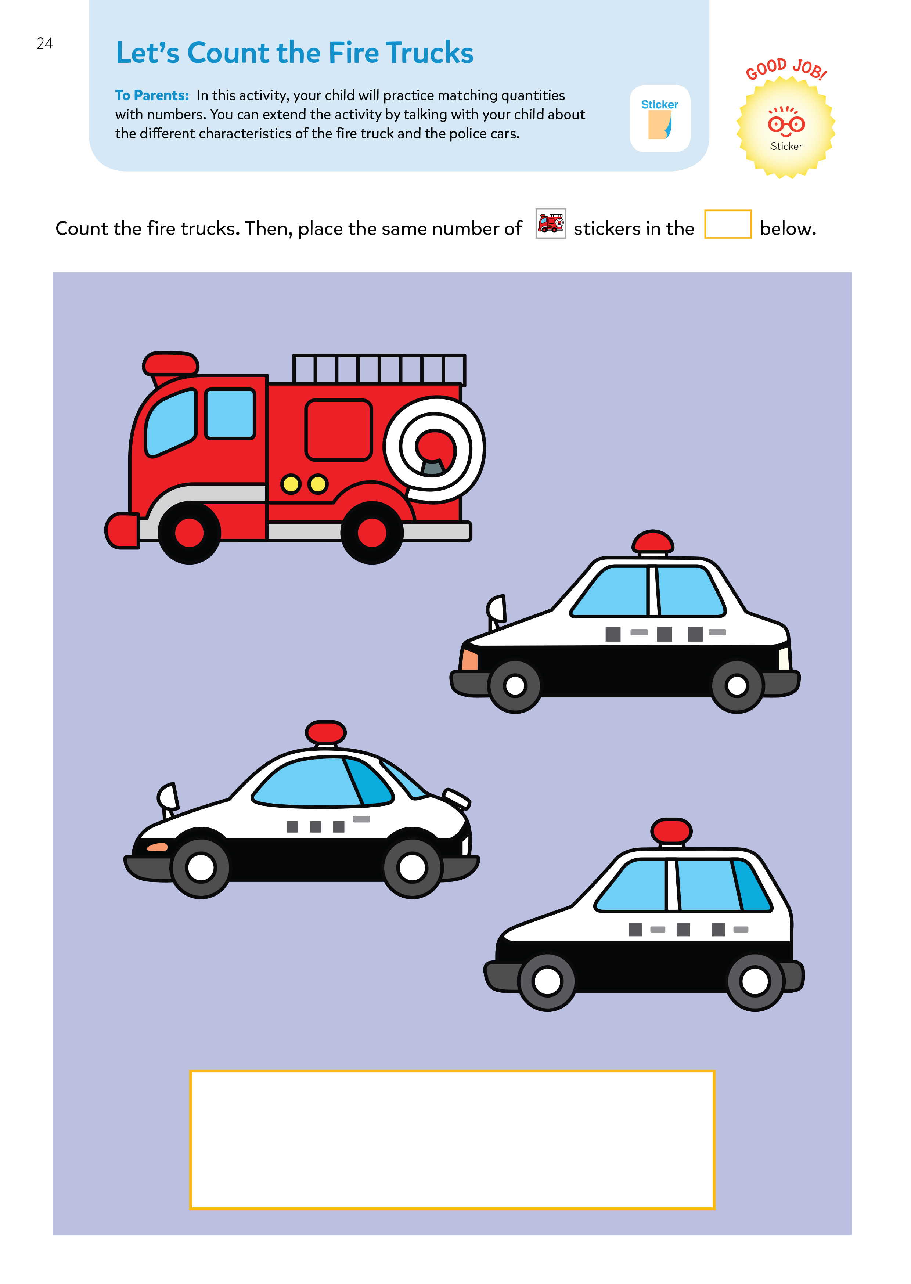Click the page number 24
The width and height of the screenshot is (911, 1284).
[x=44, y=43]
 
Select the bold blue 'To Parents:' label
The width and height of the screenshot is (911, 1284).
[x=152, y=95]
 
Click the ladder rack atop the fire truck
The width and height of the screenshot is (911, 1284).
[x=379, y=369]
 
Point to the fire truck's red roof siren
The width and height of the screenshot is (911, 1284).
[x=170, y=364]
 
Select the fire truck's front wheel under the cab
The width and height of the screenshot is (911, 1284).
[x=189, y=532]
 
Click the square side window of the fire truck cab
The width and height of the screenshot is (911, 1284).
[x=230, y=414]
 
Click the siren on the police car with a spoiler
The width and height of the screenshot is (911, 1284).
[x=326, y=732]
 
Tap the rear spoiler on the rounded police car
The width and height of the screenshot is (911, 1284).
[x=456, y=798]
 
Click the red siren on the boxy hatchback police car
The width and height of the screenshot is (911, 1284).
[x=671, y=831]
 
